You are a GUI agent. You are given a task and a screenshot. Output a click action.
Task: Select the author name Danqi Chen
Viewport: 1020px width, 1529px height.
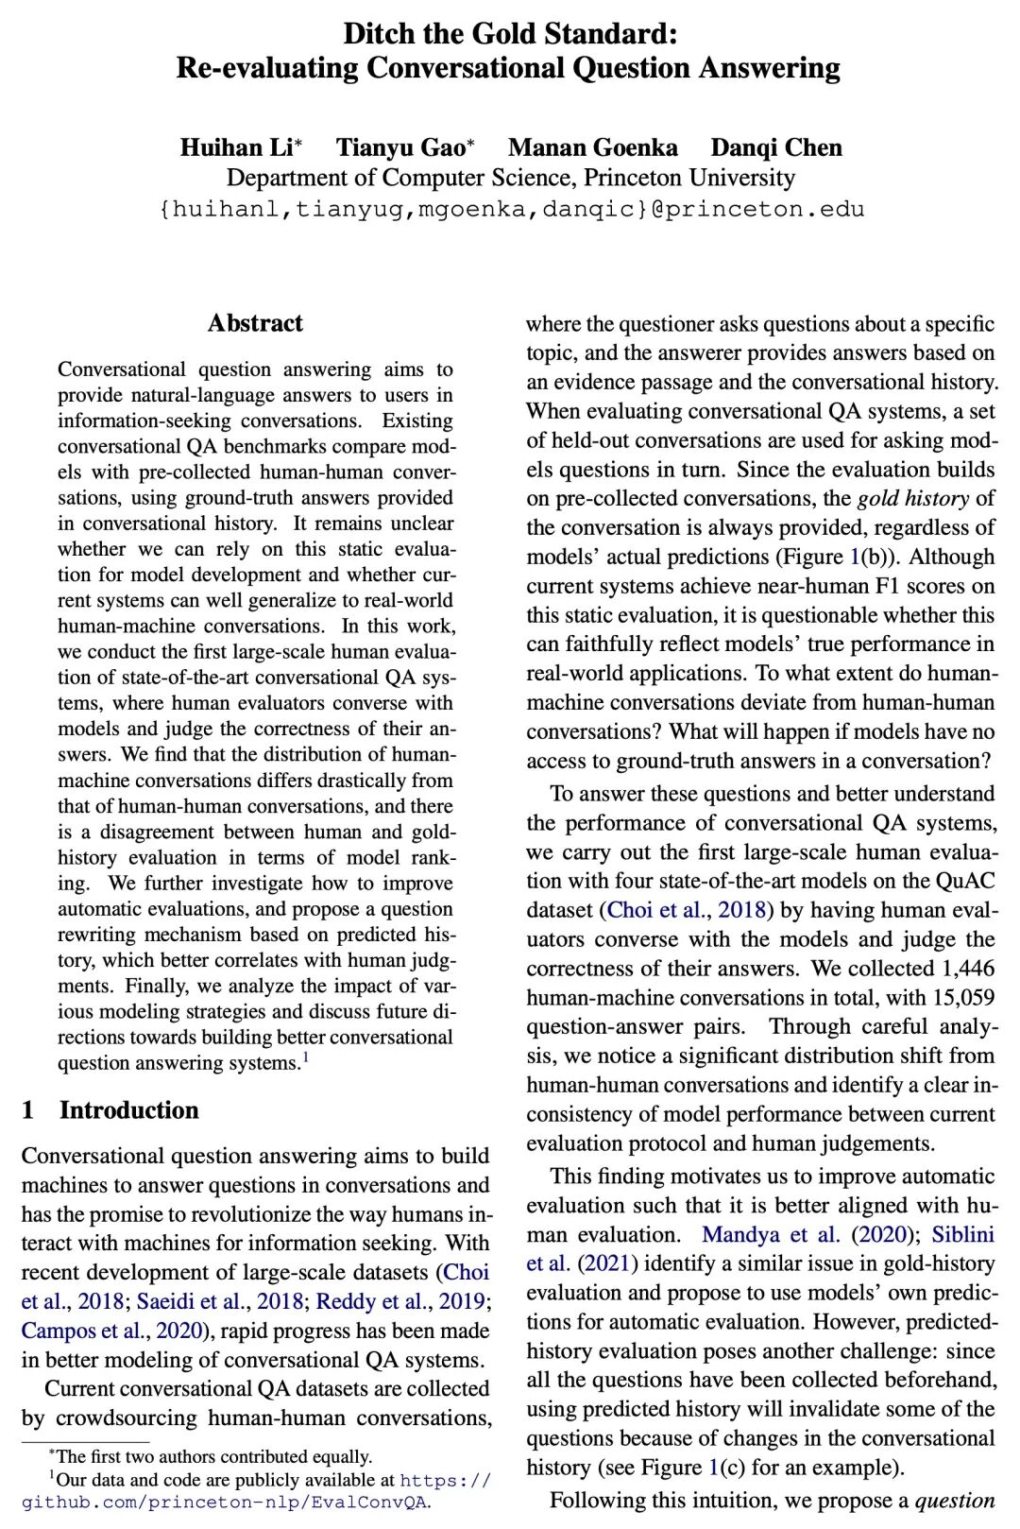[775, 147]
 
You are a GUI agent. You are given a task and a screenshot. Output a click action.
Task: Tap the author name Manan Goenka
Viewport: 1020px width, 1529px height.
[592, 147]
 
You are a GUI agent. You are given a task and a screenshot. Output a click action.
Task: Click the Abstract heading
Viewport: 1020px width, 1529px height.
[255, 323]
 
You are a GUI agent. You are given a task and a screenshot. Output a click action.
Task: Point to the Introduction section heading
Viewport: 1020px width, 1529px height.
[128, 1109]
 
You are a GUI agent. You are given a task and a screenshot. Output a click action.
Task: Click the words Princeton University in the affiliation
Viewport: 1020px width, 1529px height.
[688, 178]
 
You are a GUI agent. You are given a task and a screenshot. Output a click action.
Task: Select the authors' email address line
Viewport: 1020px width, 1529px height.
[511, 209]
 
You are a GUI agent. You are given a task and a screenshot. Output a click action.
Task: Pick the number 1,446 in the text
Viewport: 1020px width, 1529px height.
[968, 968]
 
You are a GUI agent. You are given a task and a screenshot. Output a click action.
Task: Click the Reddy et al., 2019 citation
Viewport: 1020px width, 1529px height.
[400, 1301]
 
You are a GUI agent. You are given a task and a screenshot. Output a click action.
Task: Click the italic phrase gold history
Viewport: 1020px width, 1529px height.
[912, 498]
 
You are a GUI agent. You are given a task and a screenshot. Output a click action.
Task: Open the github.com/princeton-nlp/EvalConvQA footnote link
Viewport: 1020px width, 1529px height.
[227, 1501]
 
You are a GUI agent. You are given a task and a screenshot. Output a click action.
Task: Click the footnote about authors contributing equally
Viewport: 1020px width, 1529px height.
[213, 1456]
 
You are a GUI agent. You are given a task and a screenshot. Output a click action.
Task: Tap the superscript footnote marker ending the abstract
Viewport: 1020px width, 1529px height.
[305, 1058]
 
